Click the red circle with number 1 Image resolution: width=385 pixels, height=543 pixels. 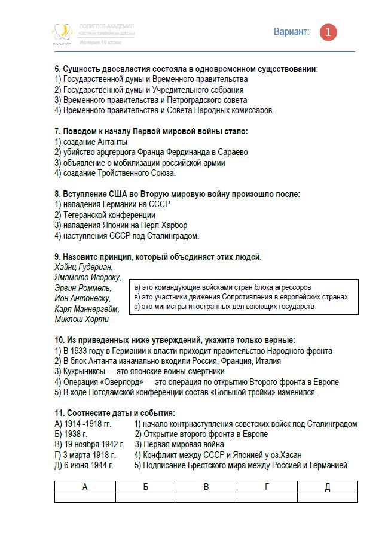pyautogui.click(x=328, y=32)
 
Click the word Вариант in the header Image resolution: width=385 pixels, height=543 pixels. pyautogui.click(x=292, y=32)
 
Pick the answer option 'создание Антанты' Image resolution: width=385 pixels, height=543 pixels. pyautogui.click(x=91, y=142)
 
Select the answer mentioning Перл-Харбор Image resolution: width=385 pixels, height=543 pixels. pyautogui.click(x=121, y=225)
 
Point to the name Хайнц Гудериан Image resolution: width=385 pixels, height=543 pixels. pyautogui.click(x=83, y=267)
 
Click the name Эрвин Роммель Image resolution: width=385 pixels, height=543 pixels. pyautogui.click(x=82, y=289)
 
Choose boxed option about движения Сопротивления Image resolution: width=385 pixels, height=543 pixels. pyautogui.click(x=241, y=297)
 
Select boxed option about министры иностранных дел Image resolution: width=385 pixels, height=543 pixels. pyautogui.click(x=224, y=307)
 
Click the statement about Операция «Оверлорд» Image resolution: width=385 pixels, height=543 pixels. pyautogui.click(x=197, y=382)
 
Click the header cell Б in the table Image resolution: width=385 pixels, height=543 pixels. pyautogui.click(x=146, y=487)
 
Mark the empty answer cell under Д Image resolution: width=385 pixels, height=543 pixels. pyautogui.click(x=327, y=497)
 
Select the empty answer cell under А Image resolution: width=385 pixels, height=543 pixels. pyautogui.click(x=85, y=497)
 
